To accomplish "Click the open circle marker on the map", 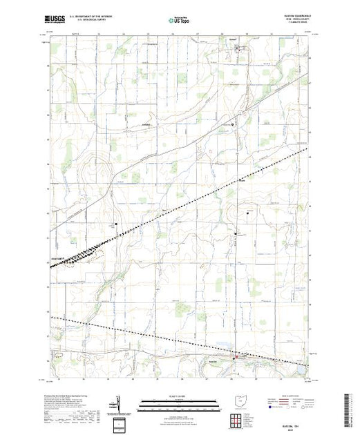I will click(x=233, y=124).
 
